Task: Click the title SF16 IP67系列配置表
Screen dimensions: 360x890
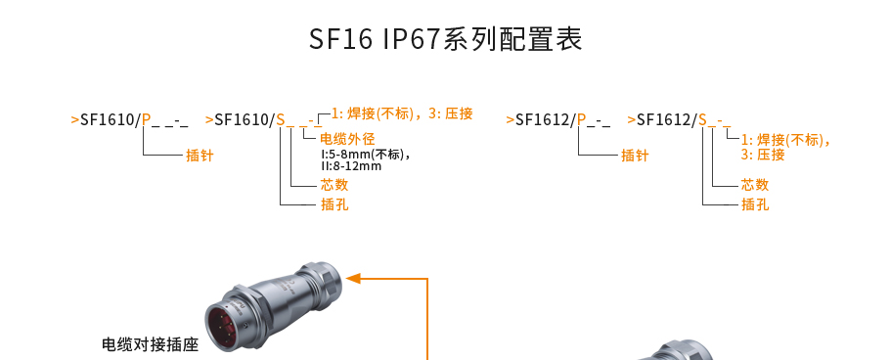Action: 445,39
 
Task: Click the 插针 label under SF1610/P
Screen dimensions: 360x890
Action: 200,156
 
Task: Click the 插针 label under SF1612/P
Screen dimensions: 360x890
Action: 635,156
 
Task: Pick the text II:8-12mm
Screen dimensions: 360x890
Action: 351,166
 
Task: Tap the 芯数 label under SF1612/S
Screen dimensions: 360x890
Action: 755,185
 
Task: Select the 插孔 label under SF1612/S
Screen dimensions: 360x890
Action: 755,204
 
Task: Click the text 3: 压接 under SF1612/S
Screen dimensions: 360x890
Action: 763,155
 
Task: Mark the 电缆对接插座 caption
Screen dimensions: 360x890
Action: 150,344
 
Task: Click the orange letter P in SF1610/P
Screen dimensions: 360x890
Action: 147,120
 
